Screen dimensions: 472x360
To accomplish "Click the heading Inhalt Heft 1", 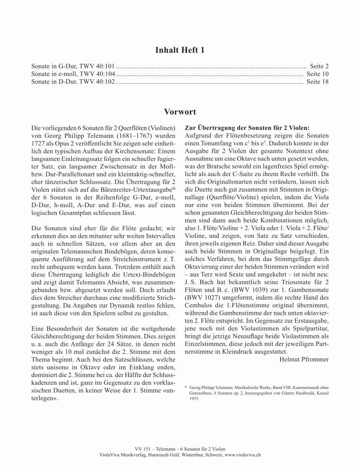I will click(x=180, y=50).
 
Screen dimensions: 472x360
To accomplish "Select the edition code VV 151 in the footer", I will click(x=142, y=447).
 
